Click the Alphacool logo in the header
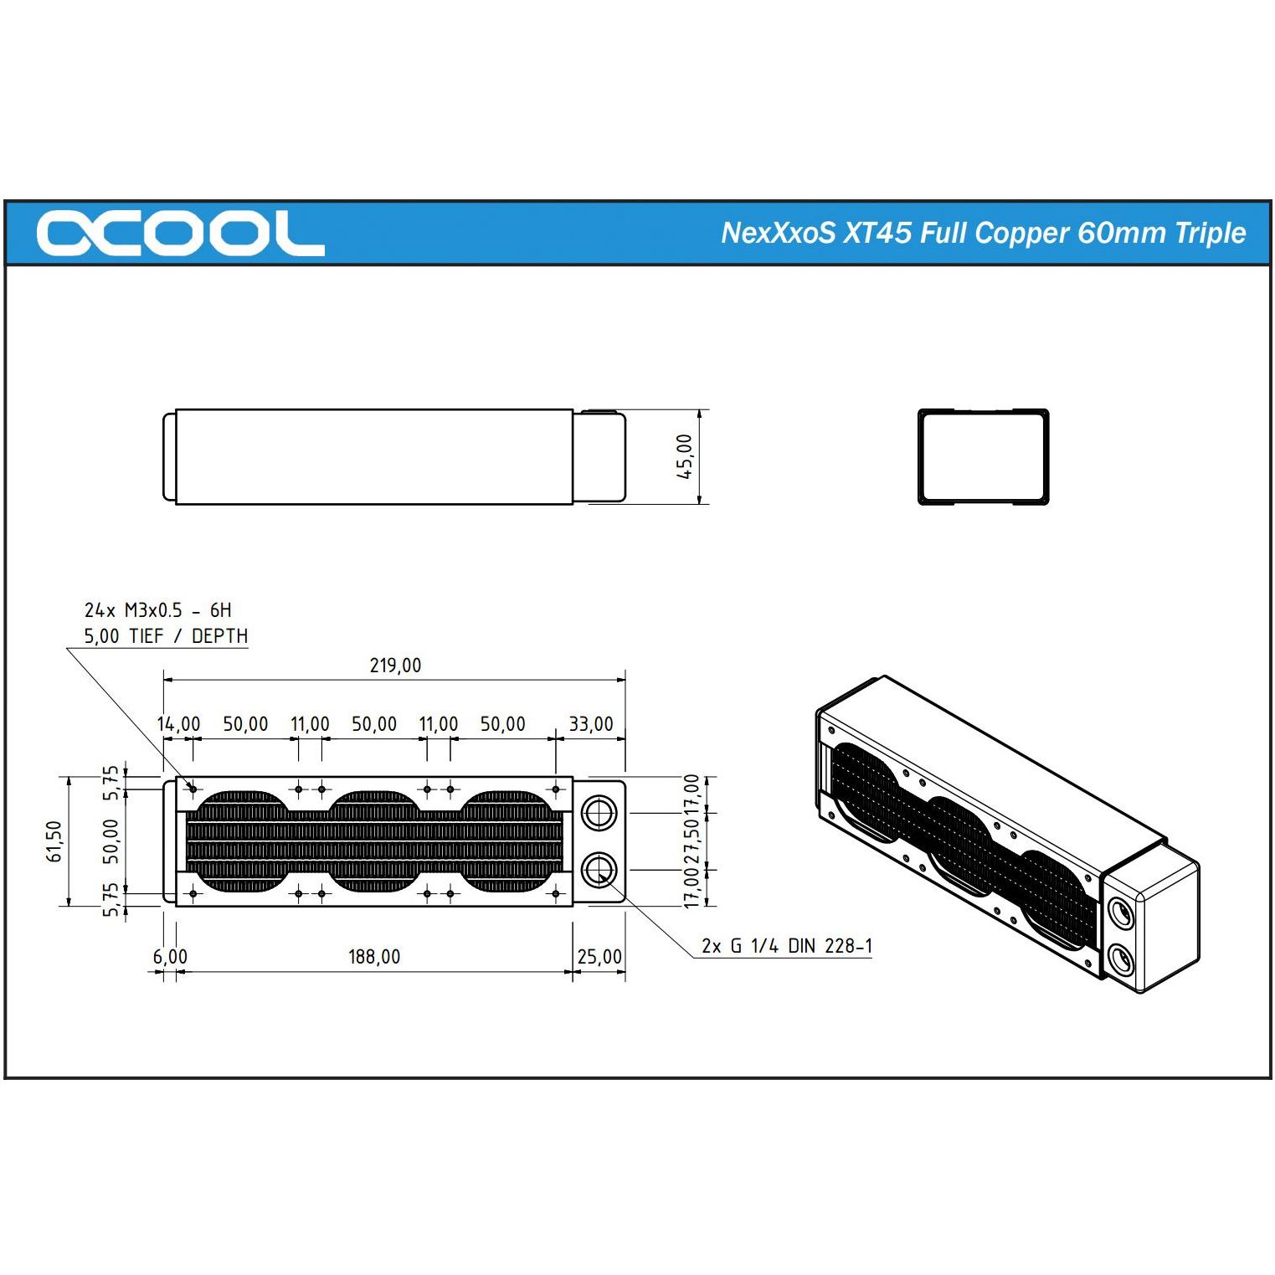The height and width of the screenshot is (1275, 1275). [x=180, y=233]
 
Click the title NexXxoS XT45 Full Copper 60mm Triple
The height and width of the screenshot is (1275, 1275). [x=983, y=233]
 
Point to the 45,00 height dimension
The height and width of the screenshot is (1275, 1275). [x=686, y=457]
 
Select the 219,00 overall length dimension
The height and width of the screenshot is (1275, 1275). [x=395, y=666]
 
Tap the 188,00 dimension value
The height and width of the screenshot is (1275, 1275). [x=374, y=956]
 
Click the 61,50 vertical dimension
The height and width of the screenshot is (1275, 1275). [x=55, y=841]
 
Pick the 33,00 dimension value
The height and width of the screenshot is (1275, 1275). [x=591, y=724]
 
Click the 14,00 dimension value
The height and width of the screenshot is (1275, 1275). [x=179, y=724]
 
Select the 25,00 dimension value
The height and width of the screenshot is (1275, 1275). [x=599, y=956]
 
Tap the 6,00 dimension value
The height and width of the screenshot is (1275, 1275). [x=170, y=956]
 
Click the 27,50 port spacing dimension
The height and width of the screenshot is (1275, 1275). [x=691, y=841]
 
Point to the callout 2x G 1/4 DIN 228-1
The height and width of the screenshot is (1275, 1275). [x=787, y=946]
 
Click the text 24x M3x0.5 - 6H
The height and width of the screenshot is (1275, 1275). [x=157, y=610]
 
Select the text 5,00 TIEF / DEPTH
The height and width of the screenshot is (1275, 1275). [x=166, y=636]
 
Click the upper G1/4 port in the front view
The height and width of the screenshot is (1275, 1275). [x=599, y=812]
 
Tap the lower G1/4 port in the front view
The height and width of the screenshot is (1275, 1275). [x=599, y=871]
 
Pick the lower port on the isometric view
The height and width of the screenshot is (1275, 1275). [x=1120, y=958]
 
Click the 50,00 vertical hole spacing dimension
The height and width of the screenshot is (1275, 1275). [x=111, y=841]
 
